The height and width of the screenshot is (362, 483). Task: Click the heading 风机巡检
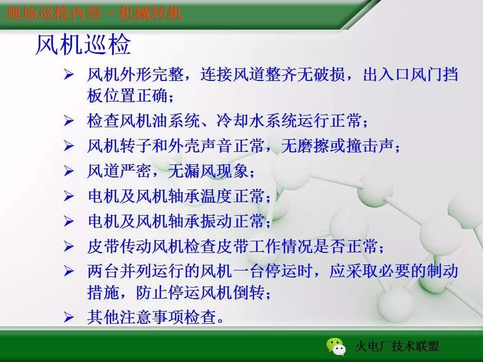coord(83,45)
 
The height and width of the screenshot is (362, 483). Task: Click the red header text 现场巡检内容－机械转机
coord(95,12)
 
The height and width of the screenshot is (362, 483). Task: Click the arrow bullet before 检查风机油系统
coord(69,121)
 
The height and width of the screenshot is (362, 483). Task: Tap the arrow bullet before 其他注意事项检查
coord(69,317)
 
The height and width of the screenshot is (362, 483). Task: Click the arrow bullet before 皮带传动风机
coord(69,247)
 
